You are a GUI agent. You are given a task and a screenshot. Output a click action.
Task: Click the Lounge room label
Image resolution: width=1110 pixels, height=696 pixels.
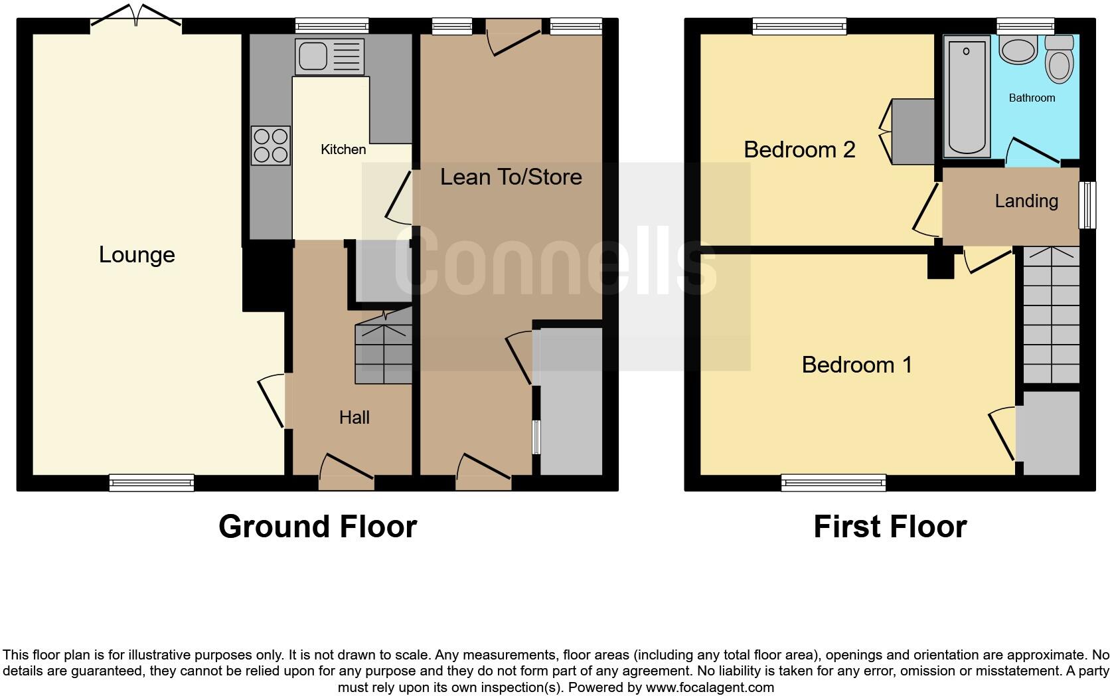click(137, 254)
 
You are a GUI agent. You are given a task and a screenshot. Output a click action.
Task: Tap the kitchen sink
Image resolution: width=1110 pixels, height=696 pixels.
click(330, 55)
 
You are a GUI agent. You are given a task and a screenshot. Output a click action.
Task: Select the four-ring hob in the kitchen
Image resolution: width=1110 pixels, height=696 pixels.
click(271, 145)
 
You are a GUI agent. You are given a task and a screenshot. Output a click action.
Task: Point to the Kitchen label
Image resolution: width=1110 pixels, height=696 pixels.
click(343, 149)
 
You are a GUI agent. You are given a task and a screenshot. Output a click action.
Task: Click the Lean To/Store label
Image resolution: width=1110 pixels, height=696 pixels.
click(511, 177)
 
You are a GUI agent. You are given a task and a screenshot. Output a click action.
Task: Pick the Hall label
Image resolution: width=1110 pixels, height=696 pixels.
click(354, 417)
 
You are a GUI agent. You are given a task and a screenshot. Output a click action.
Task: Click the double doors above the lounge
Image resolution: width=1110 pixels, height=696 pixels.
click(136, 17)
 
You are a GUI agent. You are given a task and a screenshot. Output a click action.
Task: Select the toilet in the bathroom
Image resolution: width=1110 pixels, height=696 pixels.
click(1059, 60)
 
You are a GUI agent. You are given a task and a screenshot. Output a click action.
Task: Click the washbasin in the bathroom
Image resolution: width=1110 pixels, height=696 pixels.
click(1018, 50)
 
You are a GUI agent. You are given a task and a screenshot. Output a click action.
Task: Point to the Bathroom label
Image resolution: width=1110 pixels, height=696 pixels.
click(1032, 98)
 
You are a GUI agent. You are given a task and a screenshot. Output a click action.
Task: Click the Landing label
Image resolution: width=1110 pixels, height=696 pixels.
click(1026, 201)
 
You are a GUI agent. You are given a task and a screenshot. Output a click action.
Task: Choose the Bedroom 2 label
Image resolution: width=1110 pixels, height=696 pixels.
click(799, 149)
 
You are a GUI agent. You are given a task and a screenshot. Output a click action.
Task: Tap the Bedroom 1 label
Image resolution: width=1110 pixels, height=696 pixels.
click(856, 365)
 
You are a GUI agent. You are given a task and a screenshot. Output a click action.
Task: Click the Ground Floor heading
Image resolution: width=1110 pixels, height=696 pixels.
click(317, 527)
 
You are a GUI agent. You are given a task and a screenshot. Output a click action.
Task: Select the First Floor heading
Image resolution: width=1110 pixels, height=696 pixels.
click(890, 527)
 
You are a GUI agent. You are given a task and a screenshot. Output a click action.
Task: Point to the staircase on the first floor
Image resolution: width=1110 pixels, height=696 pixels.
click(1051, 315)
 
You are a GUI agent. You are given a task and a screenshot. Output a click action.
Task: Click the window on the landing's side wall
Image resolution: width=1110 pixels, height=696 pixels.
click(1087, 205)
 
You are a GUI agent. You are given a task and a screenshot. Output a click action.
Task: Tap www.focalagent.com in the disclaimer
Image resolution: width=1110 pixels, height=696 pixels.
click(710, 687)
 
